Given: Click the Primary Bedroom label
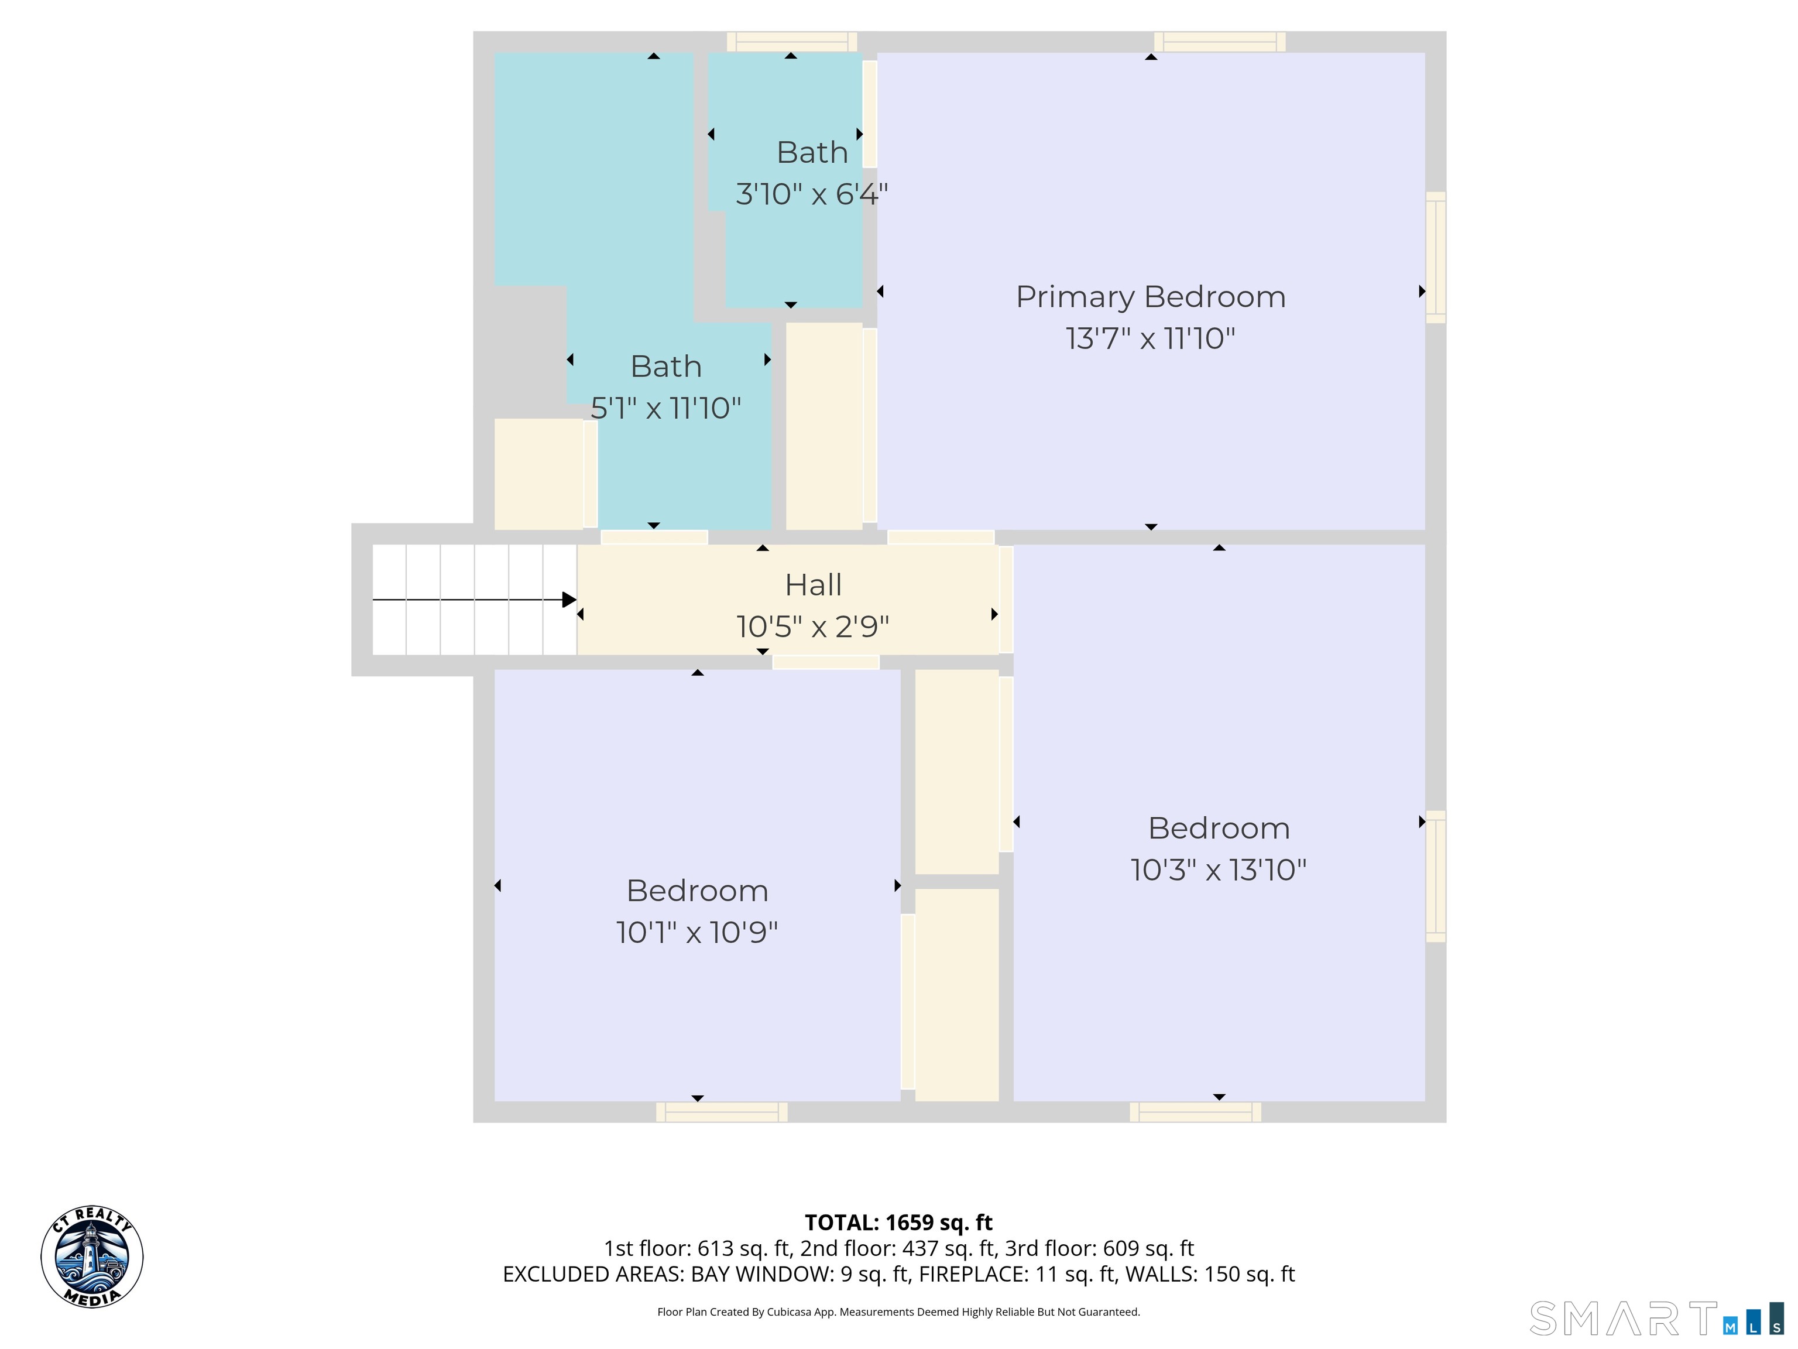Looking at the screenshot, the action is pos(1150,297).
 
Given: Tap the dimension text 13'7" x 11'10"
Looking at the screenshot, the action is pos(1150,338).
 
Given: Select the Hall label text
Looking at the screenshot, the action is pos(813,585).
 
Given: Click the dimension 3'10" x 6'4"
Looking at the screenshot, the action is pos(812,194).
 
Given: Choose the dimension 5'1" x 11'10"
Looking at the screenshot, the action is pos(665,408).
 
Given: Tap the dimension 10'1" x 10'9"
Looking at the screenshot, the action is pos(696,933).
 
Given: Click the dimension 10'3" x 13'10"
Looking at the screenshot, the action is pos(1219,870).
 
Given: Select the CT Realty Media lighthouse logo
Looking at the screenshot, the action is pos(92,1257).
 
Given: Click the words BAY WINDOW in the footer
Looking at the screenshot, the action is pos(761,1274).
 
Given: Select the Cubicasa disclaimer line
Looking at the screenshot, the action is pos(898,1312).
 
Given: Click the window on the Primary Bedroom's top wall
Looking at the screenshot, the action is pos(1219,42).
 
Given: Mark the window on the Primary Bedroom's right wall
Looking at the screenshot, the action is pos(1436,257).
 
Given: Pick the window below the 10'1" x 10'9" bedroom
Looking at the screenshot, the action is pos(722,1112).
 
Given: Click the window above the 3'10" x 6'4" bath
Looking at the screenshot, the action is pos(792,42).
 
